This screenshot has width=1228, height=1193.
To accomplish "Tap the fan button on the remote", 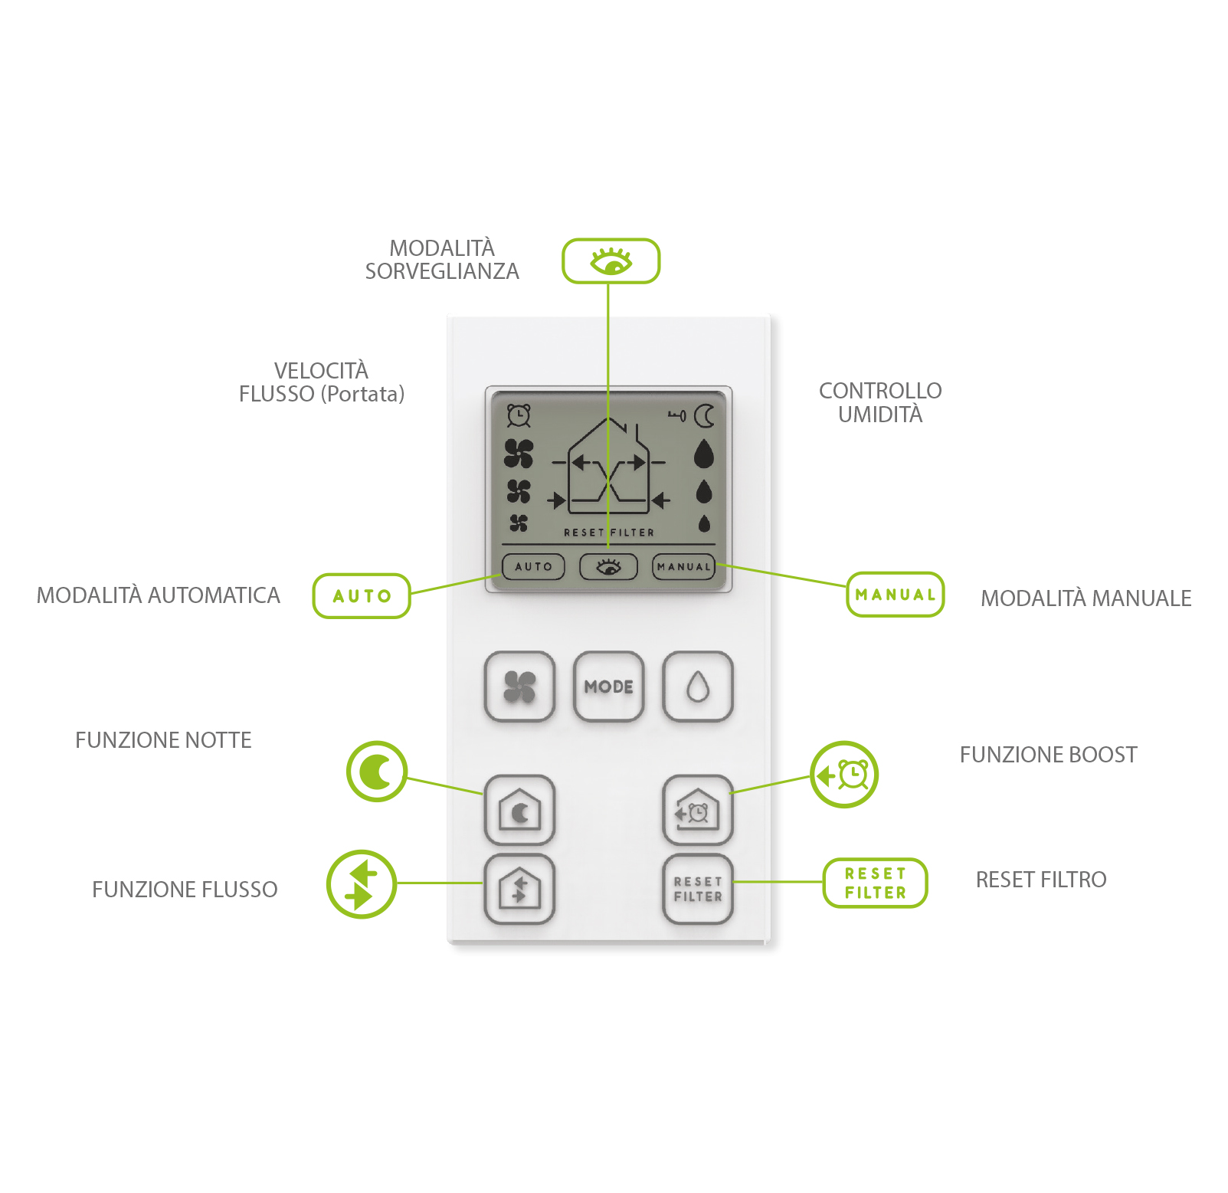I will pyautogui.click(x=519, y=687).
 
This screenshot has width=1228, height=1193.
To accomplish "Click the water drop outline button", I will pyautogui.click(x=697, y=687).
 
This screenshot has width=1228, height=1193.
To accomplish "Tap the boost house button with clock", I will pyautogui.click(x=697, y=810).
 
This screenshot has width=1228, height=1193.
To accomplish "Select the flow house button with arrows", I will pyautogui.click(x=519, y=889).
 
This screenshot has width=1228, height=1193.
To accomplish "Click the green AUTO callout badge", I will pyautogui.click(x=362, y=596).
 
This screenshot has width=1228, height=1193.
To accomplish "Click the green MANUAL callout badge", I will pyautogui.click(x=895, y=595).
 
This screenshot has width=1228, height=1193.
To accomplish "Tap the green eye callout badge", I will pyautogui.click(x=611, y=261).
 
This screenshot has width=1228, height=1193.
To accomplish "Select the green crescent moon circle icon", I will pyautogui.click(x=376, y=772).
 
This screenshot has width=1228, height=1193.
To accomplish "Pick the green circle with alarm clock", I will pyautogui.click(x=844, y=775).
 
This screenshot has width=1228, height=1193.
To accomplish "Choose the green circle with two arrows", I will pyautogui.click(x=361, y=884).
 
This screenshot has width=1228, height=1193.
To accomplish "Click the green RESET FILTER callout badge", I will pyautogui.click(x=875, y=883).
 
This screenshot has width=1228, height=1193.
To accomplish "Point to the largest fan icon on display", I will pyautogui.click(x=519, y=454).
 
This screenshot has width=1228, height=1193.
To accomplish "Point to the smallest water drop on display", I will pyautogui.click(x=704, y=524).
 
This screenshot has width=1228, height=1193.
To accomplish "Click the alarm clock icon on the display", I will pyautogui.click(x=519, y=415).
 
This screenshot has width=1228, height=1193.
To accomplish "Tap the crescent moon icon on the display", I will pyautogui.click(x=704, y=416).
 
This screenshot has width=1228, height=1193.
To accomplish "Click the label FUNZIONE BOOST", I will pyautogui.click(x=1048, y=755).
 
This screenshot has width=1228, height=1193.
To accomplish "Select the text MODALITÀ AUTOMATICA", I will pyautogui.click(x=159, y=595).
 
